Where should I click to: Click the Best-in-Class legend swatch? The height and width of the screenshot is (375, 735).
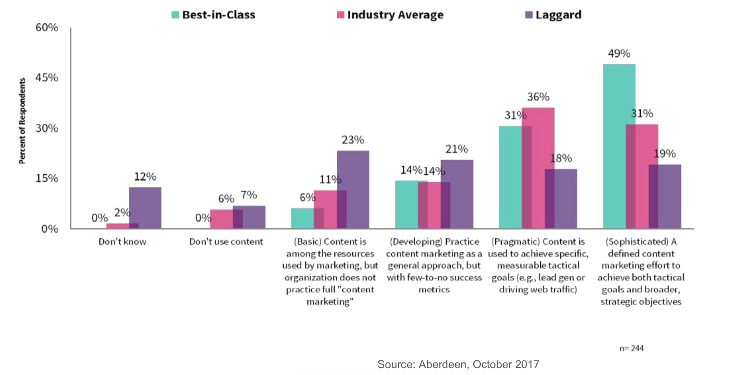tap(175, 15)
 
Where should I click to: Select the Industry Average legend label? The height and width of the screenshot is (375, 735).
tap(395, 15)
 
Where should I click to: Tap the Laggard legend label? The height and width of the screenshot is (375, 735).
tap(558, 15)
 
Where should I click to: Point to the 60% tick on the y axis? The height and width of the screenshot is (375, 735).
tap(47, 28)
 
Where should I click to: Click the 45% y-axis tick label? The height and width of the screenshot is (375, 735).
tap(47, 78)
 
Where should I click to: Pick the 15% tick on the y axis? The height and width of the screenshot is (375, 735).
tap(47, 178)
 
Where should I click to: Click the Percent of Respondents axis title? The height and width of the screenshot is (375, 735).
tap(22, 121)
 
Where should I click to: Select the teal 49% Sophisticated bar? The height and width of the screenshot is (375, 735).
tap(615, 146)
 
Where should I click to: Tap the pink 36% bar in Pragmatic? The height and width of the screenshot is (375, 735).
tap(538, 168)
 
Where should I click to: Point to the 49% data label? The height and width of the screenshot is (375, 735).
tap(619, 54)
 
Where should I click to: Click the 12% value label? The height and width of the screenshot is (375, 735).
tap(145, 177)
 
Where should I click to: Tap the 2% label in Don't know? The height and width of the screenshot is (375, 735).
tap(122, 213)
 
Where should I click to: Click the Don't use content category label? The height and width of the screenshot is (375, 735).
tap(226, 242)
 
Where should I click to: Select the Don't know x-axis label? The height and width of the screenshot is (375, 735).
tap(122, 242)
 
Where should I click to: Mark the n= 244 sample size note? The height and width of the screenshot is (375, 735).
tap(631, 348)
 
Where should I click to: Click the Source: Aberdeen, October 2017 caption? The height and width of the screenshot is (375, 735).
tap(458, 364)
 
